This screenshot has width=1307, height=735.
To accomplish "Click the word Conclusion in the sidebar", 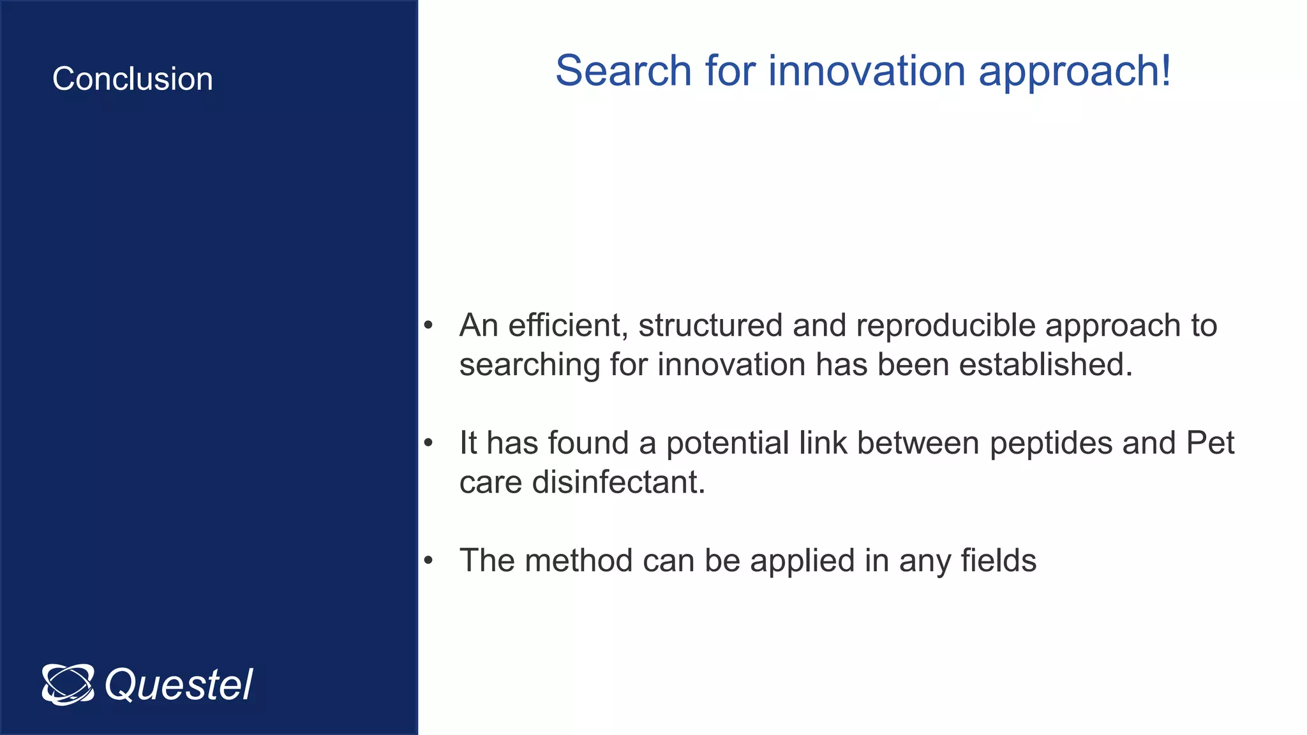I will click(133, 79).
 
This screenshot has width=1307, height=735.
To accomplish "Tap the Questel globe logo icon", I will click(68, 685).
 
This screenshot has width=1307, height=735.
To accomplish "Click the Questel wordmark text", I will click(179, 685).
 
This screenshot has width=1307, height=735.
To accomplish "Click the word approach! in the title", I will click(1075, 71).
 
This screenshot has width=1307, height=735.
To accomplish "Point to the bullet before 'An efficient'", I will click(428, 326).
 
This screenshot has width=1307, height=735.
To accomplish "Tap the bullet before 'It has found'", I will click(428, 443).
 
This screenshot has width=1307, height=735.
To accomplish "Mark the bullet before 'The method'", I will click(428, 561).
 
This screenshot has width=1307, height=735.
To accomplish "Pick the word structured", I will click(710, 325).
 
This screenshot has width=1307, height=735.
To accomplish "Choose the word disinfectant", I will click(618, 482).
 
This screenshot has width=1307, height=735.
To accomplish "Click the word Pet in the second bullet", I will click(1210, 443).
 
